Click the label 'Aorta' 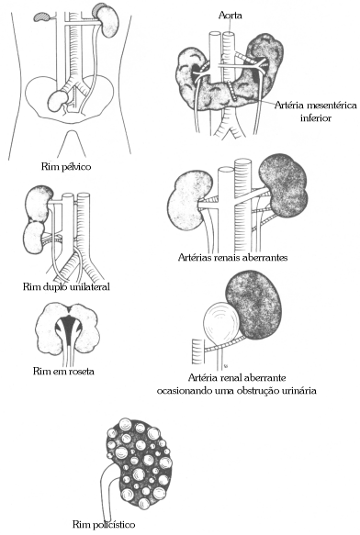point(231,16)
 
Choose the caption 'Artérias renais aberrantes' point(232,258)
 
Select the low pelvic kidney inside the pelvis point(62,98)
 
